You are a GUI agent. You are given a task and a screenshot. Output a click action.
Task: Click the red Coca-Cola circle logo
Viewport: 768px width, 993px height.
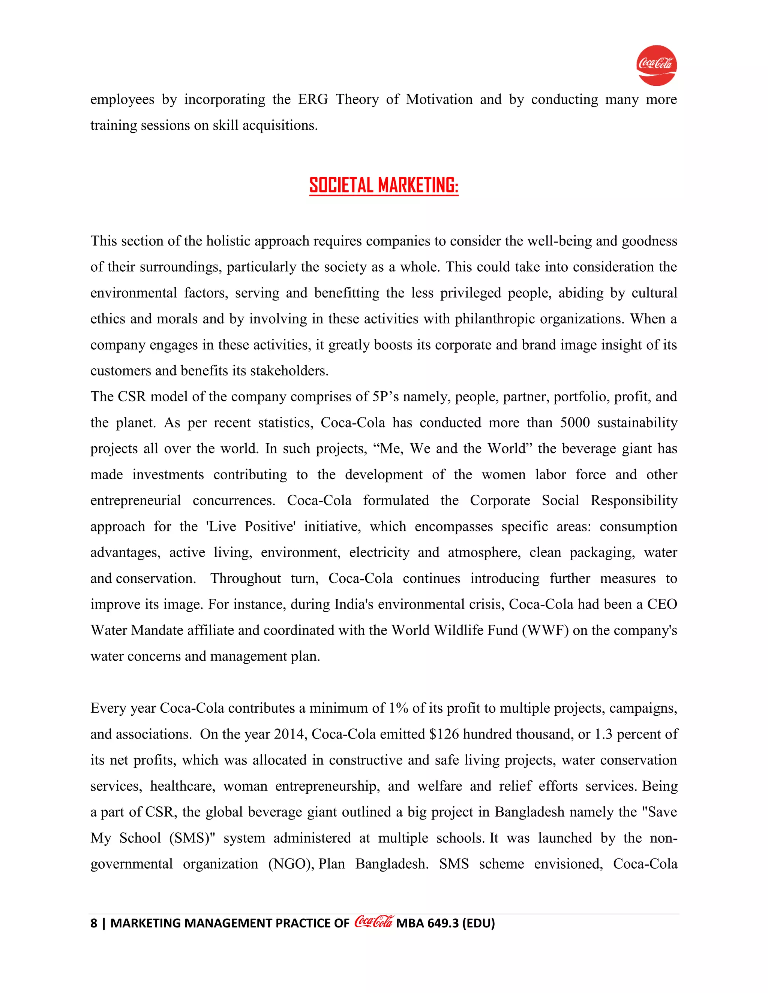[x=656, y=65]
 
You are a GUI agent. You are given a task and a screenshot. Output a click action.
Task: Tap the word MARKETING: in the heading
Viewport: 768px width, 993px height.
[x=418, y=185]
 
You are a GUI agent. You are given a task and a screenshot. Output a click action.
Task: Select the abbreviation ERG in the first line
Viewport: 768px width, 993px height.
[x=313, y=99]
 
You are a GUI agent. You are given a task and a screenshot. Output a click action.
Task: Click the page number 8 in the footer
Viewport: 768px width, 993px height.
[x=94, y=923]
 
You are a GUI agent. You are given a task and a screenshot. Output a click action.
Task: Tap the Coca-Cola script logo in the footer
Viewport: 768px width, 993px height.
[x=373, y=922]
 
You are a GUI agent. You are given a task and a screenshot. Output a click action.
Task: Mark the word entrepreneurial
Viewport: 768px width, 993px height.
[x=136, y=500]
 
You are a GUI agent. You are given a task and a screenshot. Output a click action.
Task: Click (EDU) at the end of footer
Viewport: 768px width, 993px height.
[x=478, y=923]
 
